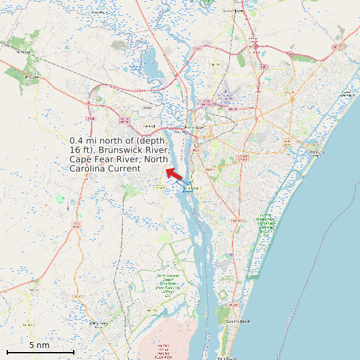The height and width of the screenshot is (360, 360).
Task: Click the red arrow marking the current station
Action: [174, 173]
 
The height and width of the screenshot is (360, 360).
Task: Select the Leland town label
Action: [149, 126]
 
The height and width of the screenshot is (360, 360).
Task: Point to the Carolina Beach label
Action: [236, 321]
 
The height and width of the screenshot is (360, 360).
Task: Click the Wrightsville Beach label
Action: [317, 153]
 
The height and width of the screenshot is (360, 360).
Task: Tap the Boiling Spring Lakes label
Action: [100, 324]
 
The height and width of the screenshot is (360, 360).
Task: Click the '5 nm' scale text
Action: [39, 345]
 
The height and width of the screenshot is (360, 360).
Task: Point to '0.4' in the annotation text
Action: [76, 141]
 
